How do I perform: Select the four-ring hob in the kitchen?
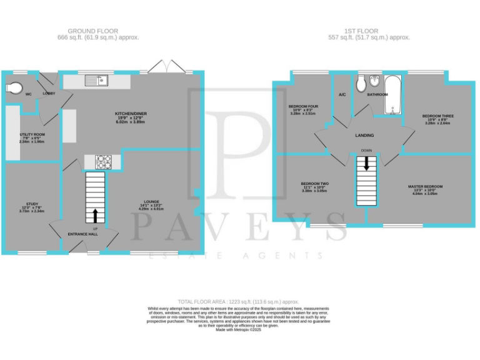tap(104, 161)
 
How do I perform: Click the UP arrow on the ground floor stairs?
tap(95, 216)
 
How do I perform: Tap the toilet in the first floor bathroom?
tap(361, 84)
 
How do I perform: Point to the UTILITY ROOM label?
tap(32, 134)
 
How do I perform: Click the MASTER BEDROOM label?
tap(426, 186)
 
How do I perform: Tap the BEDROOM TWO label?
tap(315, 183)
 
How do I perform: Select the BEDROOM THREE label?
tap(437, 116)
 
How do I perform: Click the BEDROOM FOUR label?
tap(303, 106)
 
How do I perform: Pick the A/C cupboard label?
tap(342, 95)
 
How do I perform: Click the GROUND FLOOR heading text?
tap(92, 31)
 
